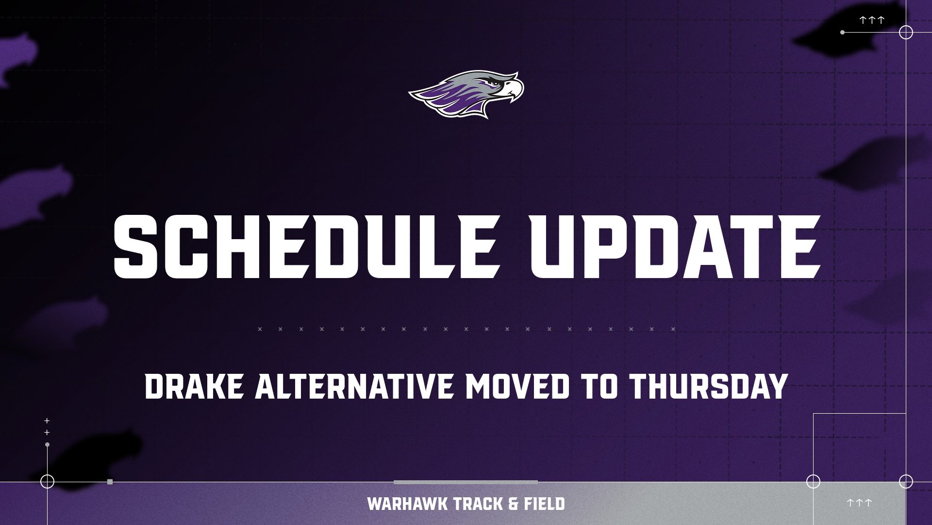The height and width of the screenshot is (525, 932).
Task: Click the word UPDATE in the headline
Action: click(x=675, y=247)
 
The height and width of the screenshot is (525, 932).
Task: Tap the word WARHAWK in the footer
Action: click(x=407, y=504)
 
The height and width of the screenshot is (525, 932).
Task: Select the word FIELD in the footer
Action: click(x=544, y=504)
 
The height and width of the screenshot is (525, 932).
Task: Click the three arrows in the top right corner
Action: click(x=872, y=20)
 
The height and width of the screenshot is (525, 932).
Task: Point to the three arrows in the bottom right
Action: click(x=859, y=503)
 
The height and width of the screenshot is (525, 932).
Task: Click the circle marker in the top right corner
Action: click(x=906, y=33)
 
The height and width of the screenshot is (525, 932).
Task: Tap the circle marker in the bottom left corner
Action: click(x=47, y=481)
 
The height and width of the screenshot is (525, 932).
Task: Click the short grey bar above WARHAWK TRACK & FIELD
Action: click(x=466, y=482)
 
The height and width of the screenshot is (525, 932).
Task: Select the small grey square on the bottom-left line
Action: click(x=110, y=482)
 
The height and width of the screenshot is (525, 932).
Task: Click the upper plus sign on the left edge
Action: click(x=47, y=420)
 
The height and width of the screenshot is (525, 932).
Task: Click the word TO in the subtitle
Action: click(x=599, y=386)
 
